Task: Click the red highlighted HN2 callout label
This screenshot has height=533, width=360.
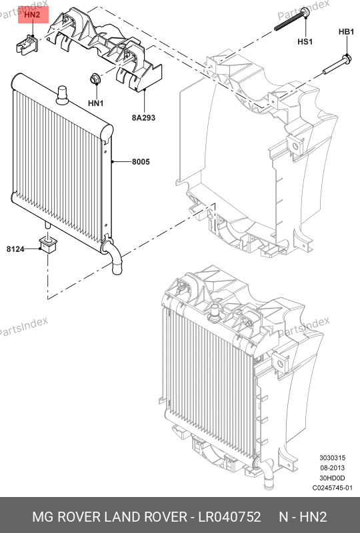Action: [33, 15]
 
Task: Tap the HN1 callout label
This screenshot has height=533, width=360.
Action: [95, 103]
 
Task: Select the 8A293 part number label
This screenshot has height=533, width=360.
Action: [143, 118]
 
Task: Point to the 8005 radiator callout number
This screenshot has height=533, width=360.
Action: [141, 162]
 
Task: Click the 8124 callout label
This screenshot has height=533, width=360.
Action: [15, 249]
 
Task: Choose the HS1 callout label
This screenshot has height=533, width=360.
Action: [305, 42]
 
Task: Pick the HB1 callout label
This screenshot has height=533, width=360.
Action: [347, 32]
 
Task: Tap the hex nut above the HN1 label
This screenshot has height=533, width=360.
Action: [94, 79]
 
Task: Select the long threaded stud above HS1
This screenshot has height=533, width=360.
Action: [291, 20]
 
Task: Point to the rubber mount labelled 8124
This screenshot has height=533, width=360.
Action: [49, 245]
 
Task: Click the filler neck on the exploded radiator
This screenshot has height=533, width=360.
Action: [62, 95]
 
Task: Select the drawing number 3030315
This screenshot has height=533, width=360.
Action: [332, 458]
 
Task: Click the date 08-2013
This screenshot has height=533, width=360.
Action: [332, 468]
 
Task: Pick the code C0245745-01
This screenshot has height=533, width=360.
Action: [333, 488]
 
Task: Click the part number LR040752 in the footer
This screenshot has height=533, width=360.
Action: [230, 517]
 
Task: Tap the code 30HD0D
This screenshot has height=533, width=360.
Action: [332, 478]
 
